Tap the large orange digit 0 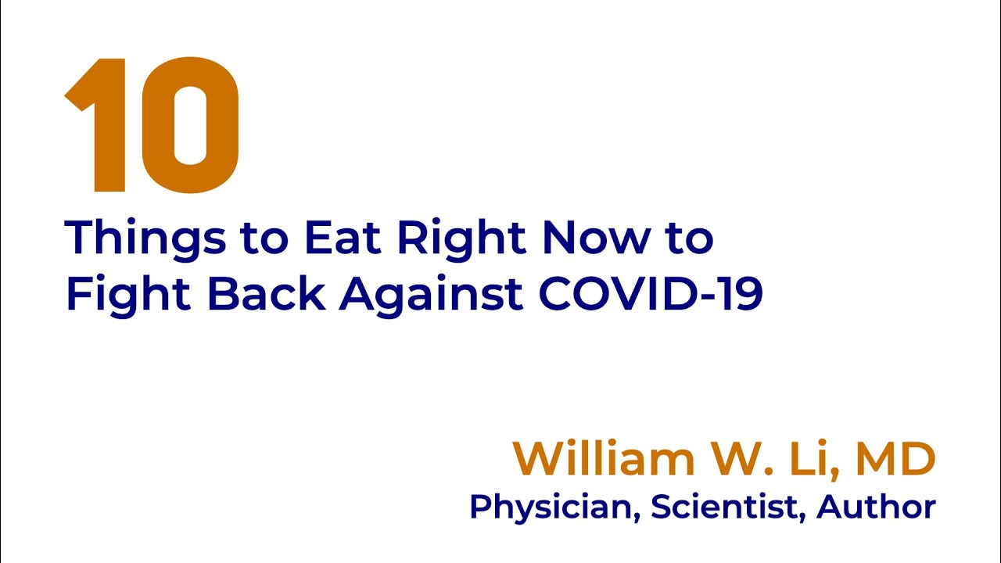tap(190, 125)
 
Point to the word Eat tap(345, 238)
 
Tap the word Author tap(876, 507)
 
